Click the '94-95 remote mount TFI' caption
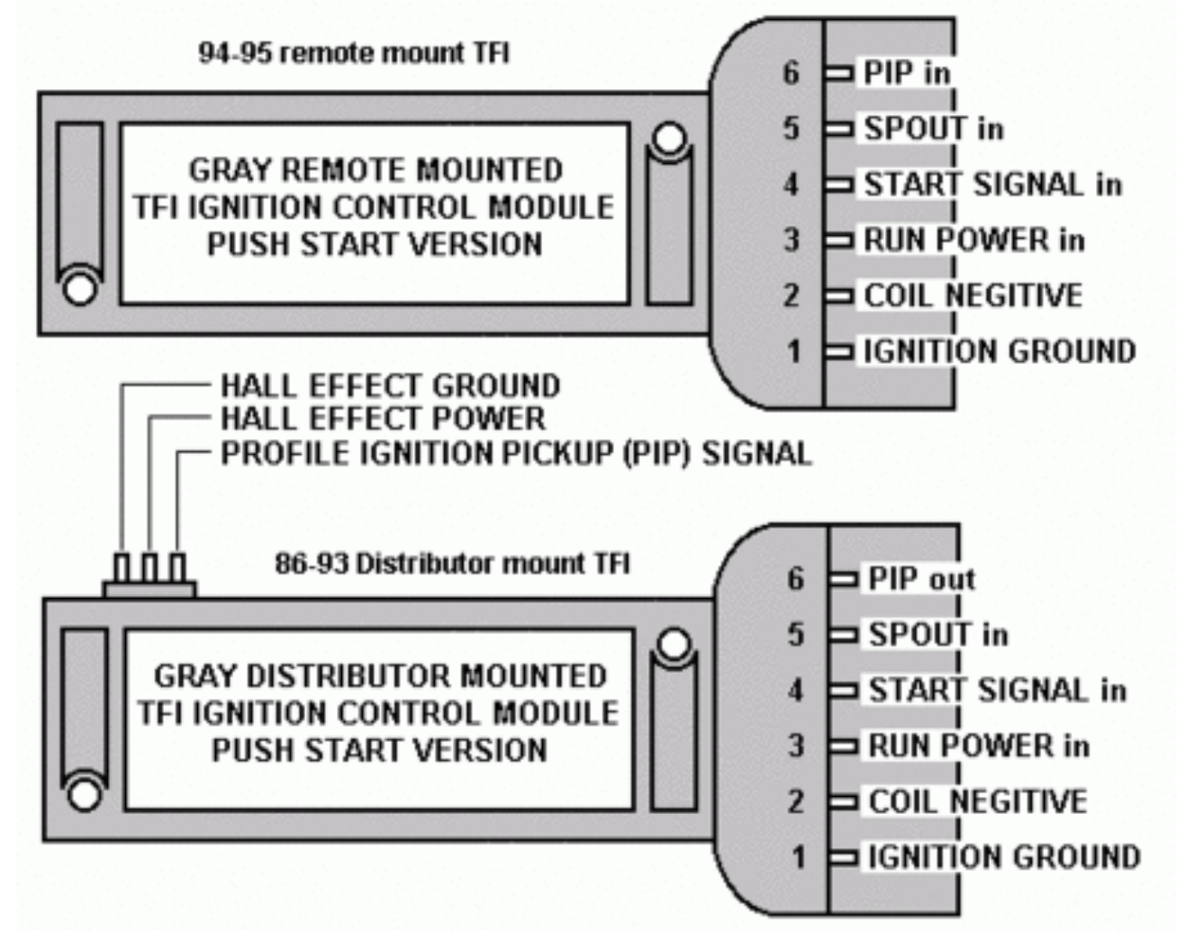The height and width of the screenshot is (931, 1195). [x=353, y=53]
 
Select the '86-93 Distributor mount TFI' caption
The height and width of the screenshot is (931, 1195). [x=452, y=564]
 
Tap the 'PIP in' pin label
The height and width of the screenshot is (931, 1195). [x=906, y=73]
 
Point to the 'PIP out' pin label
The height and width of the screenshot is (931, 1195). [x=921, y=579]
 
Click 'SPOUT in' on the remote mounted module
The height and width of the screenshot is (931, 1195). [x=933, y=129]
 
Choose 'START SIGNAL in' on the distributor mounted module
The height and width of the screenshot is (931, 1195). [x=997, y=691]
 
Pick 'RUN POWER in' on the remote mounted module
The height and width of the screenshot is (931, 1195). [x=973, y=240]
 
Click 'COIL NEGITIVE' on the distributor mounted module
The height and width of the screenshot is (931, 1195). [x=977, y=801]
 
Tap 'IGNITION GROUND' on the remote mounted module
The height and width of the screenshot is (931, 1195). [x=1000, y=351]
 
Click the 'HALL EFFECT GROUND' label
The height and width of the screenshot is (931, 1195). [x=390, y=386]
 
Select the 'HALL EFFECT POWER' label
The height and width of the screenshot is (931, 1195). [x=383, y=419]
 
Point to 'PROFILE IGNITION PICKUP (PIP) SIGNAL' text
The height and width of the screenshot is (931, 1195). [x=516, y=453]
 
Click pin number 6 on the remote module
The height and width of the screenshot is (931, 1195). [x=791, y=72]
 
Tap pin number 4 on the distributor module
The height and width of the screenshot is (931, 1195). [x=796, y=691]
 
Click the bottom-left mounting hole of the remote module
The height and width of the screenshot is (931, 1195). [x=79, y=289]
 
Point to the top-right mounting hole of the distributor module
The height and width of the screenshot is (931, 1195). [x=674, y=645]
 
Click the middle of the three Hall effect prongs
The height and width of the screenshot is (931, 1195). [x=149, y=568]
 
